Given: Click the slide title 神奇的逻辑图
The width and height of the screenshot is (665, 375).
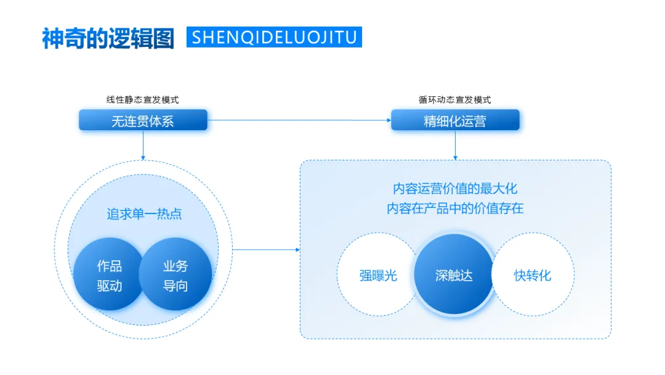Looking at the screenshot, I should (108, 38).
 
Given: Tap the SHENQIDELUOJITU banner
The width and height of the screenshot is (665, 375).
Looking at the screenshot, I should (274, 37).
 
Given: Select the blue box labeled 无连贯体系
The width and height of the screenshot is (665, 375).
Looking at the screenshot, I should (143, 120).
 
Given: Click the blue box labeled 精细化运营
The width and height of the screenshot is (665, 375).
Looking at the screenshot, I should (455, 120).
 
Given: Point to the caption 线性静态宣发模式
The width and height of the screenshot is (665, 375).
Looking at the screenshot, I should (143, 99).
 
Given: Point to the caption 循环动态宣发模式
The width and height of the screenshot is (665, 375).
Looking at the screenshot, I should (455, 99).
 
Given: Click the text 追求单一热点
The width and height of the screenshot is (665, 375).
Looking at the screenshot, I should (144, 214).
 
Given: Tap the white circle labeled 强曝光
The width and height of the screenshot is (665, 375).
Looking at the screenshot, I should (377, 274).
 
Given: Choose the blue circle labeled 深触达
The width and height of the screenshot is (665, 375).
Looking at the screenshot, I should (454, 274).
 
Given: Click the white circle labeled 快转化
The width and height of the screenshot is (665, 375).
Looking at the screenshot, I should (533, 274).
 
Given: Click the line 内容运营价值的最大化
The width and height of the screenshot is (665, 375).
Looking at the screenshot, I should (455, 189).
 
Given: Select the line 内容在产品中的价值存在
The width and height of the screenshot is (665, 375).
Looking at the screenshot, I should (455, 208).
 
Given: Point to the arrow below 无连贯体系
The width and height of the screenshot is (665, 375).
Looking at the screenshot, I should (143, 145).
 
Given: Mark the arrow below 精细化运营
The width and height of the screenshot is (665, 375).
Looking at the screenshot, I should (455, 145).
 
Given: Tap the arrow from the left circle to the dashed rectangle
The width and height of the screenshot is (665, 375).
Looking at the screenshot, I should (266, 250).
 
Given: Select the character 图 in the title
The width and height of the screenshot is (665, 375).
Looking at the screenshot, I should (164, 38).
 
